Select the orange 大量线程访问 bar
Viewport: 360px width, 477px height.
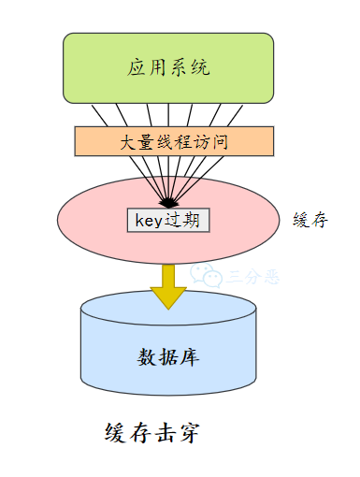174,142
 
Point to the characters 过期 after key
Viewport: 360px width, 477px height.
184,221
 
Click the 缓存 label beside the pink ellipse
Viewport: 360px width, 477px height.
310,221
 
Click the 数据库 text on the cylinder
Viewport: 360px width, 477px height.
168,357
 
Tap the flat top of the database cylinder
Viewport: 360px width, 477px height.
168,308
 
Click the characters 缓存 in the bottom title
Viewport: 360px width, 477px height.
127,433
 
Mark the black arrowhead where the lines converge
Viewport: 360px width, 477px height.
168,201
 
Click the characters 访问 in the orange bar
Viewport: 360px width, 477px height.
213,142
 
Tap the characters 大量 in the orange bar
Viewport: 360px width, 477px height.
136,142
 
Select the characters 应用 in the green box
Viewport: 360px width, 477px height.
148,67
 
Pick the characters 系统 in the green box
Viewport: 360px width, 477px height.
190,67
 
